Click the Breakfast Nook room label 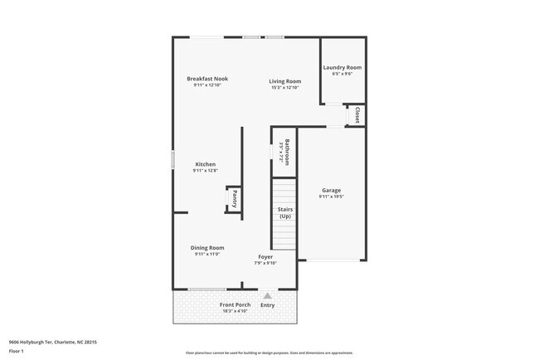207,79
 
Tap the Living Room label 284,81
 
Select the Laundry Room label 342,67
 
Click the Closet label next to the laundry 357,114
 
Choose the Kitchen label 206,164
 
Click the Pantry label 235,199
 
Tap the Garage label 331,191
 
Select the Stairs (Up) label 285,213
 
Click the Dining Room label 207,248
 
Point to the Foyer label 265,257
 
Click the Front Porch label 235,305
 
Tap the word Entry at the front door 268,305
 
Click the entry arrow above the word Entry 268,295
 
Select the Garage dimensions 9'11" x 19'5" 331,197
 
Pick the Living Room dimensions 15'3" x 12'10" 284,88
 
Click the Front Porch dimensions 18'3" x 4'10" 235,312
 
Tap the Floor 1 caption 17,351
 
